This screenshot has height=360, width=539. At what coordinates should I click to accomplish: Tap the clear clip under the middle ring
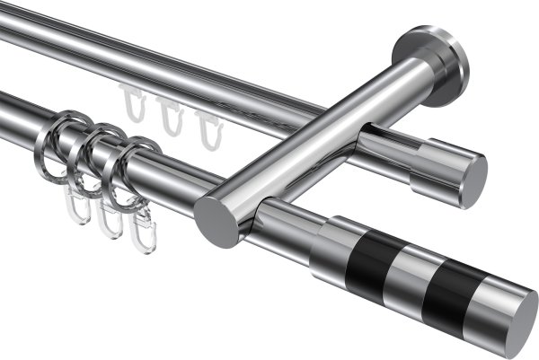[110, 220]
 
